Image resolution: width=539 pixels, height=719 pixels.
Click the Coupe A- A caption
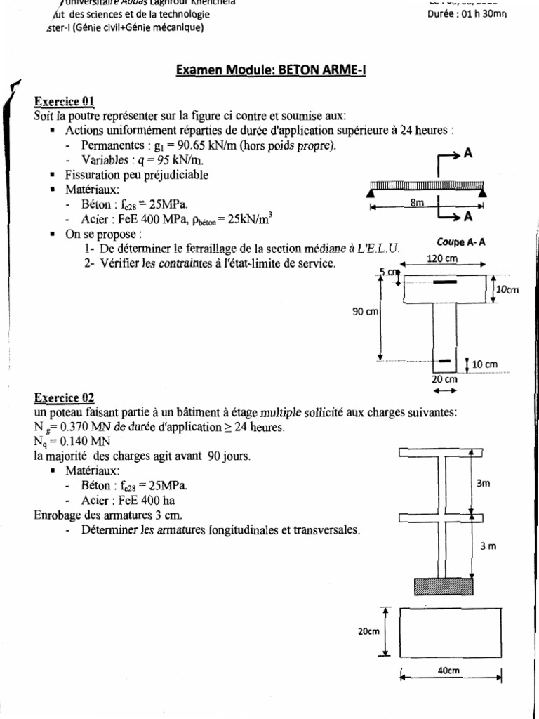coord(461,242)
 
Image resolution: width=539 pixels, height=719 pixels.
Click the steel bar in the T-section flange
coord(444,282)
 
